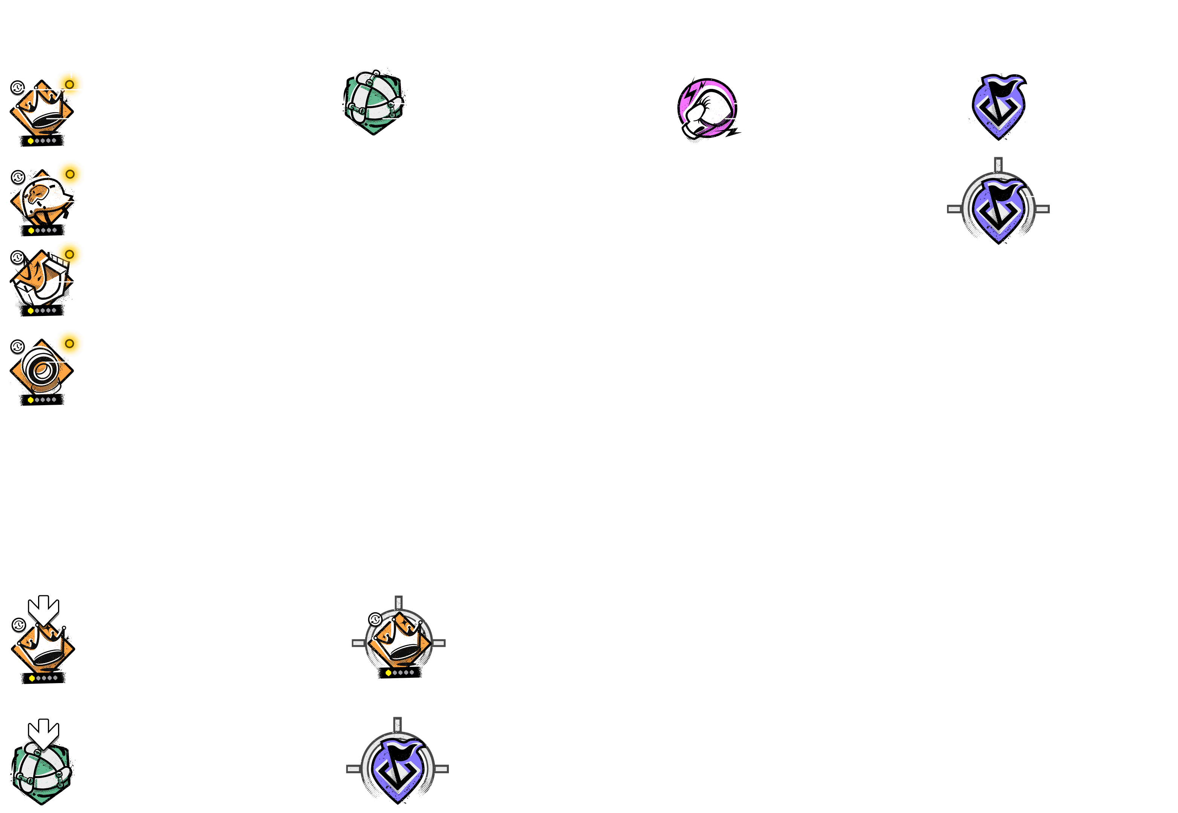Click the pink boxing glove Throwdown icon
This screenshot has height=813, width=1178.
point(707,108)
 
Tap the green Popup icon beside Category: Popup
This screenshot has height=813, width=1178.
point(374,102)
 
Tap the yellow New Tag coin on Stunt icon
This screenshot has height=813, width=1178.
point(70,174)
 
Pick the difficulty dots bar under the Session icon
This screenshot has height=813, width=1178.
point(42,310)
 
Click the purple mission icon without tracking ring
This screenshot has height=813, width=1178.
point(999,106)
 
